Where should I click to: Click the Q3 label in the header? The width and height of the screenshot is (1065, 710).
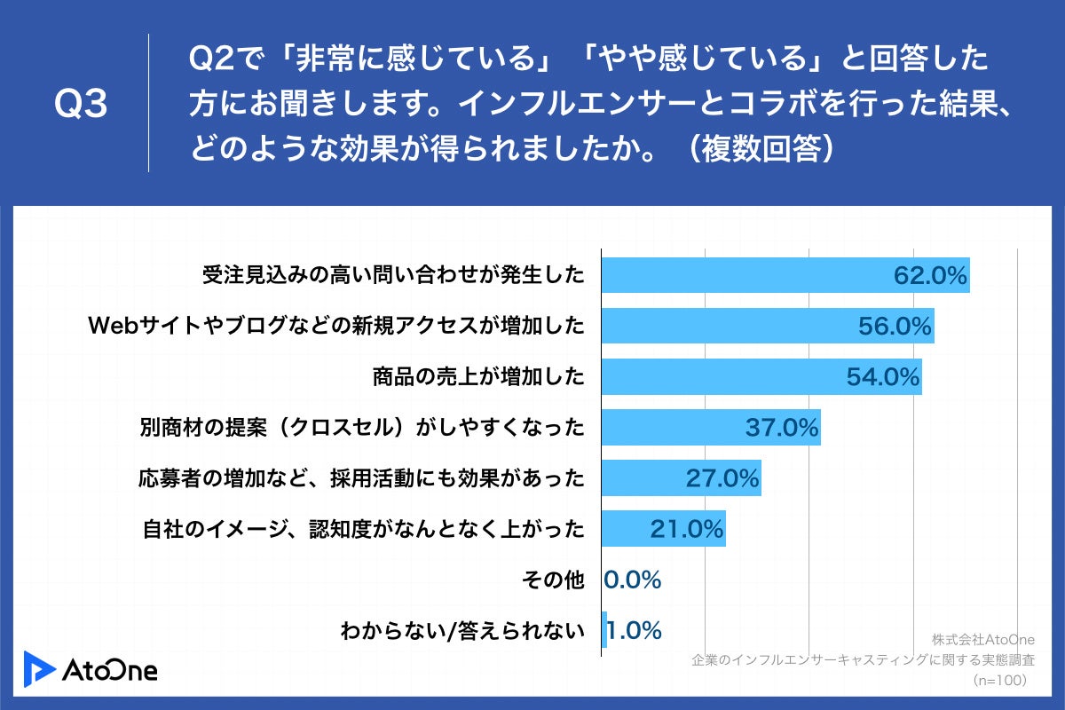[81, 104]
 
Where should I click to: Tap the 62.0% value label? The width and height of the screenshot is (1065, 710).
[929, 276]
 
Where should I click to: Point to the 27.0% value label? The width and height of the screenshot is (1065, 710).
[722, 478]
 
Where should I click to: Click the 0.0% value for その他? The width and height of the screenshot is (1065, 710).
[633, 580]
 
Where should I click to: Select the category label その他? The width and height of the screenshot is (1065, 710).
[556, 580]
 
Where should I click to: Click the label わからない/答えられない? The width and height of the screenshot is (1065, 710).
[462, 631]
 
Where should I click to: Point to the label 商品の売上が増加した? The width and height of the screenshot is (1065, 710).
[478, 377]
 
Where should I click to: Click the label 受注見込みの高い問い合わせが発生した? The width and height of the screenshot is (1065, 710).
[393, 276]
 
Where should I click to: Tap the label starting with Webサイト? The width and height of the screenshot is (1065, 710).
[336, 327]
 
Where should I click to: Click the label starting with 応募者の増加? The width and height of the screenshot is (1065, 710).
[361, 478]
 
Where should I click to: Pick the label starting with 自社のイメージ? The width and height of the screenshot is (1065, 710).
[364, 530]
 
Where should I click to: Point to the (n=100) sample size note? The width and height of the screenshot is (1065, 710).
[999, 681]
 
